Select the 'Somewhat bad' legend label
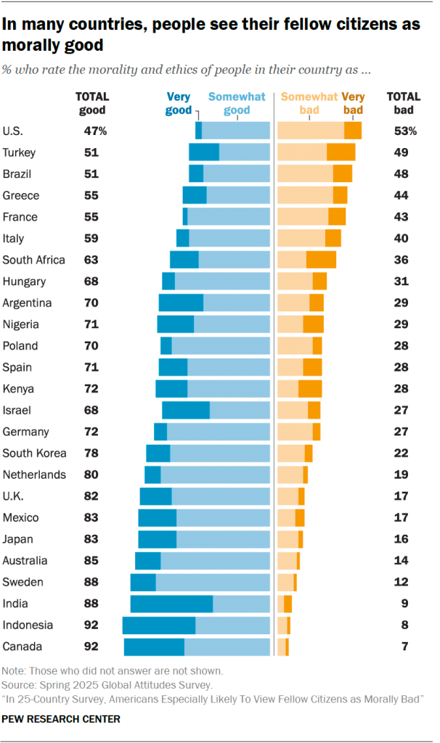click(309, 103)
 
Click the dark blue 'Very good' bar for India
click(171, 604)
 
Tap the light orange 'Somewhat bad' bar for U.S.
click(310, 131)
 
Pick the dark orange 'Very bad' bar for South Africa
click(321, 260)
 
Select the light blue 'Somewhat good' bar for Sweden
click(213, 582)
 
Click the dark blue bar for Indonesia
click(158, 625)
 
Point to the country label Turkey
click(20, 152)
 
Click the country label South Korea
click(34, 453)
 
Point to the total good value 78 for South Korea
click(91, 453)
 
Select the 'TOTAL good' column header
click(92, 103)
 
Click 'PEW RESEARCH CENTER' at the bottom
click(62, 719)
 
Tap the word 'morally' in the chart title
click(30, 45)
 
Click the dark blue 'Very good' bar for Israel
click(185, 410)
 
